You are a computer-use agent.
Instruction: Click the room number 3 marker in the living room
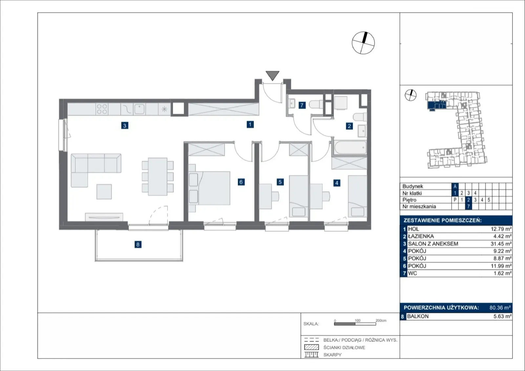pos(125,126)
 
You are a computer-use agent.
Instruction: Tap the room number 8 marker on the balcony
pos(138,244)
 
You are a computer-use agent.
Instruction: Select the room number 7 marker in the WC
pos(302,105)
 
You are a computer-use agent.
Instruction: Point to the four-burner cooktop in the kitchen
pos(102,109)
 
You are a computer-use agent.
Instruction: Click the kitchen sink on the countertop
pos(139,109)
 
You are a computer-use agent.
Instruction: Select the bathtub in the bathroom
pos(350,148)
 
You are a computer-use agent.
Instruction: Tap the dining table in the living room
pos(158,176)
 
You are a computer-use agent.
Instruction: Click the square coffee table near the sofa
pos(104,192)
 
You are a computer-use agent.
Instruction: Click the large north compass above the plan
pos(363,43)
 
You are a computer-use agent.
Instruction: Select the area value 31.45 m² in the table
pos(501,244)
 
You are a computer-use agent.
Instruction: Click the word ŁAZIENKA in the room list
pos(421,236)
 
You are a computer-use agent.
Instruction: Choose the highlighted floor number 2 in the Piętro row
pos(468,200)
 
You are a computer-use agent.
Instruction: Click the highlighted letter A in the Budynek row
pos(455,186)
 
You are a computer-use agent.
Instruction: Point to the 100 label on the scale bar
pos(357,320)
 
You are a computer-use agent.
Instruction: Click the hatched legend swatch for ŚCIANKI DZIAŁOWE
pos(311,347)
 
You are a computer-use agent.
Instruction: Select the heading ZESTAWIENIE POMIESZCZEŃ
pos(443,220)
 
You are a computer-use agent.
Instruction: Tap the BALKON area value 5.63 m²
pos(502,316)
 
